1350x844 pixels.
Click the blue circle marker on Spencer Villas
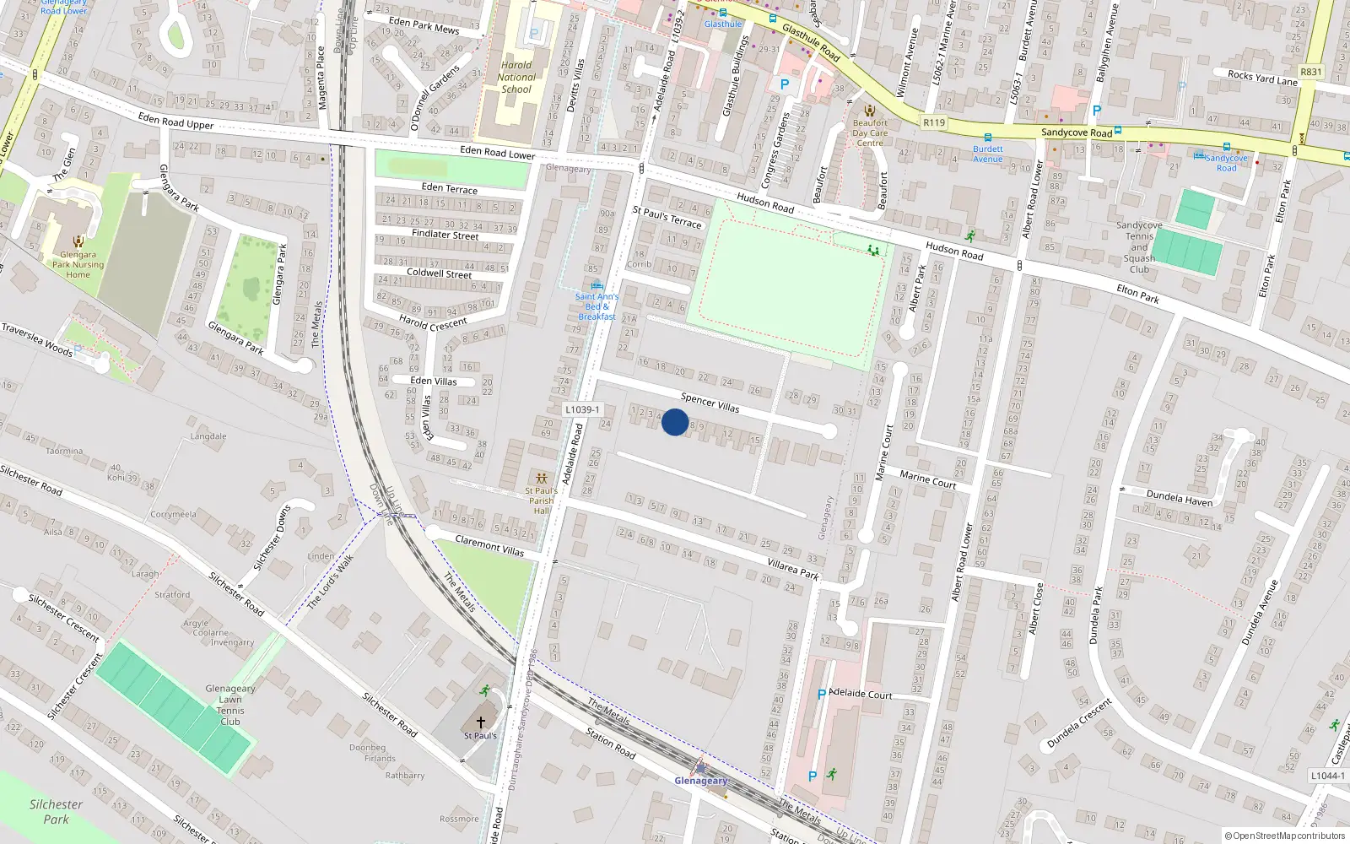click(675, 422)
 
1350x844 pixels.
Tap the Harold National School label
click(516, 77)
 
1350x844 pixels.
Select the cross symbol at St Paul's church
click(481, 722)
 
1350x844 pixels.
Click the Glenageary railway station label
click(700, 781)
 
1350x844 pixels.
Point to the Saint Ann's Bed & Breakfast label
click(597, 306)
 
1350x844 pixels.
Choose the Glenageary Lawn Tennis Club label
click(229, 705)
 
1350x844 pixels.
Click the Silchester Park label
click(56, 812)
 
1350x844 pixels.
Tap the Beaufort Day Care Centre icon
click(869, 111)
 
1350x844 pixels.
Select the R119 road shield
click(934, 122)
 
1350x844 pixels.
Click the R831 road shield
click(1310, 73)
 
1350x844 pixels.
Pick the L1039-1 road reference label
click(582, 410)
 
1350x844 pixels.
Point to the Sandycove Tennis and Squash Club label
click(1139, 247)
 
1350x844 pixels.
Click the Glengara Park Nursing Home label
click(78, 264)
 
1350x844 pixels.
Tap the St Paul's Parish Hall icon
click(542, 479)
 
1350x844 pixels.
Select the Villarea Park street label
click(793, 569)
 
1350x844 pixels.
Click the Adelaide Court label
click(861, 695)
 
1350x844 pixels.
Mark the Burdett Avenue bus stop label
click(987, 154)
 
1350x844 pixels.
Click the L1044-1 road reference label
click(1327, 776)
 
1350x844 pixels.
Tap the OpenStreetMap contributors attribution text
click(1285, 836)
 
